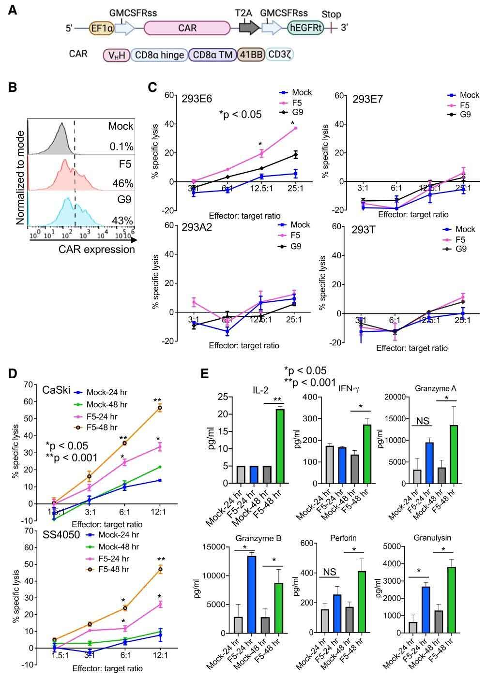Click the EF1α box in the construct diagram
pyautogui.click(x=102, y=29)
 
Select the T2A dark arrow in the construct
pyautogui.click(x=249, y=28)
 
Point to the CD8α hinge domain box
pyautogui.click(x=158, y=55)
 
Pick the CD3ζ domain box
pyautogui.click(x=280, y=55)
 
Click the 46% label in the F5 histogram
pyautogui.click(x=123, y=183)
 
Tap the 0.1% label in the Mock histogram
pyautogui.click(x=121, y=147)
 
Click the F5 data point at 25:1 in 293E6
pyautogui.click(x=295, y=128)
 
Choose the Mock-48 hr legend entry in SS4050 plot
pyautogui.click(x=112, y=546)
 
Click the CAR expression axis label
pyautogui.click(x=97, y=250)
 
